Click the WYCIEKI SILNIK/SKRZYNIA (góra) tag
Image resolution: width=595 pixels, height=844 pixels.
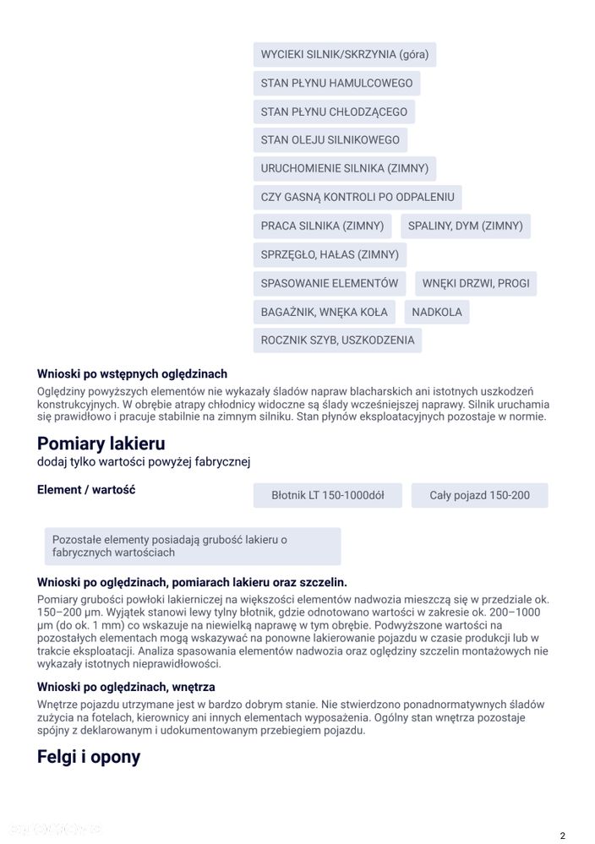point(344,55)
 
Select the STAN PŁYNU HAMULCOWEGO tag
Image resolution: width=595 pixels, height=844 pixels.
point(336,84)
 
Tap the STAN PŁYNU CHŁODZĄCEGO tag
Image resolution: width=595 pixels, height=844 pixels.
point(334,112)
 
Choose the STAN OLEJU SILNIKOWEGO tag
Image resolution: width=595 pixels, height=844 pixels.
point(330,140)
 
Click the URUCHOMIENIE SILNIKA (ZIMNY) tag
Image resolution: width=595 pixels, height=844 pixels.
point(344,169)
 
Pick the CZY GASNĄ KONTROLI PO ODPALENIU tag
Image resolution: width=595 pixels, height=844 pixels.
point(357,198)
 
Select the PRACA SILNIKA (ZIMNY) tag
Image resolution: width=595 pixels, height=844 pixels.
point(322,226)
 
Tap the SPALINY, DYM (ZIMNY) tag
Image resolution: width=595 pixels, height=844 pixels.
point(465,226)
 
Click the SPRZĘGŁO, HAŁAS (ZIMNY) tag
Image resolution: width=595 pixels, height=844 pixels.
point(330,254)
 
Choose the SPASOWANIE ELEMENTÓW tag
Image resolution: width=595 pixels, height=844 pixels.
point(329,283)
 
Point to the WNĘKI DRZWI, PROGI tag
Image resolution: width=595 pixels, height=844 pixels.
point(476,283)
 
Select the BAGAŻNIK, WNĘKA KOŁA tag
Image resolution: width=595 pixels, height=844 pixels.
point(324,312)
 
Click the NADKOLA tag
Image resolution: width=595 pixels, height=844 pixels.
point(437,312)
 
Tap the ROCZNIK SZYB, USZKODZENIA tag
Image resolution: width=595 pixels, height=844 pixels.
point(337,340)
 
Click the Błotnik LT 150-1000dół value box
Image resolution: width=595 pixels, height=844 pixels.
point(327,495)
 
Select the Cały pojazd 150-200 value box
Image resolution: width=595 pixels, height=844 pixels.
point(479,495)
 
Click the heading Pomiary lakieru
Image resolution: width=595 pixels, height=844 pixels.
point(101,444)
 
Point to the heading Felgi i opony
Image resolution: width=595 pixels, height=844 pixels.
point(88,756)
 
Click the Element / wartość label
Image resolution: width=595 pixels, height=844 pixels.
point(85,490)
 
